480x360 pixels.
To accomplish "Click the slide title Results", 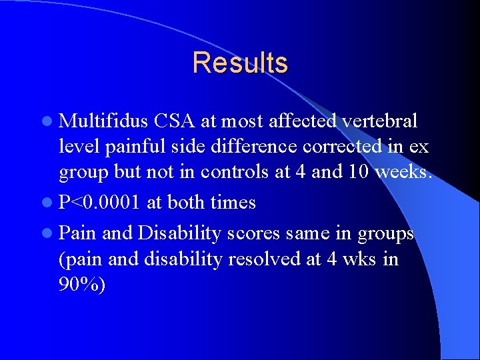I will point(240,63).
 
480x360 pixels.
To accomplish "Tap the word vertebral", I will point(379,121).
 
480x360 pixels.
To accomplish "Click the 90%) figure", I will point(82,285).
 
